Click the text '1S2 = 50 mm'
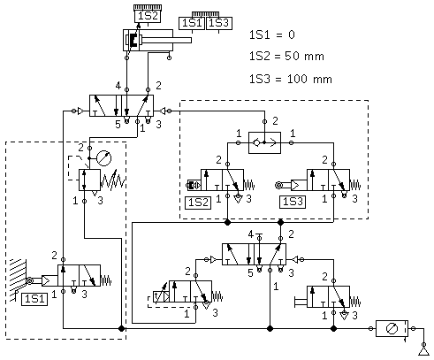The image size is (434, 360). tap(286, 56)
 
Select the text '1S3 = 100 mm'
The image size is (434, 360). tap(291, 79)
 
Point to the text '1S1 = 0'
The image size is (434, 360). tap(272, 34)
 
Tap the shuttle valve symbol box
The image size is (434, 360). tap(264, 143)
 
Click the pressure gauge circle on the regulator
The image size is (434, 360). tap(104, 158)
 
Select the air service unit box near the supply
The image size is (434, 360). tap(392, 328)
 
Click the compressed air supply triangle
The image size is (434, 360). tap(423, 351)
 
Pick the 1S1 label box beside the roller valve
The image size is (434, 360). tap(34, 299)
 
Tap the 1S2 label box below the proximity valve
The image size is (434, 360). tap(198, 203)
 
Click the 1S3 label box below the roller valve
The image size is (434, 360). tap(293, 202)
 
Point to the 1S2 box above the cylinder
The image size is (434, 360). tap(148, 16)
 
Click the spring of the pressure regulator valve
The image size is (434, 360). tap(113, 180)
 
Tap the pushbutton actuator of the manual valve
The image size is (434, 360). tap(301, 302)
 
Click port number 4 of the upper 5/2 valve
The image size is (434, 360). tap(118, 86)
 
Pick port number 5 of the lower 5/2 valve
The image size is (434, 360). tap(250, 273)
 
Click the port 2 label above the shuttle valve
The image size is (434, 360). tap(275, 121)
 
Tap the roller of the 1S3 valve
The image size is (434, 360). tap(278, 185)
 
